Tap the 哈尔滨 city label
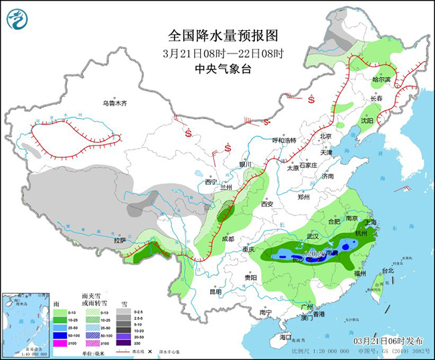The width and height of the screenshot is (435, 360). coord(381,79)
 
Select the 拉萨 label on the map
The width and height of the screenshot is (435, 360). coord(120,240)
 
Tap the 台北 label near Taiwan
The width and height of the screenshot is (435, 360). coord(387,270)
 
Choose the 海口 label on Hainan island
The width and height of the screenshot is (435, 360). coord(286,337)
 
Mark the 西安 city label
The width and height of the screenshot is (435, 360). coord(267,203)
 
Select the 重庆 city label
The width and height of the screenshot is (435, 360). coord(250,249)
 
